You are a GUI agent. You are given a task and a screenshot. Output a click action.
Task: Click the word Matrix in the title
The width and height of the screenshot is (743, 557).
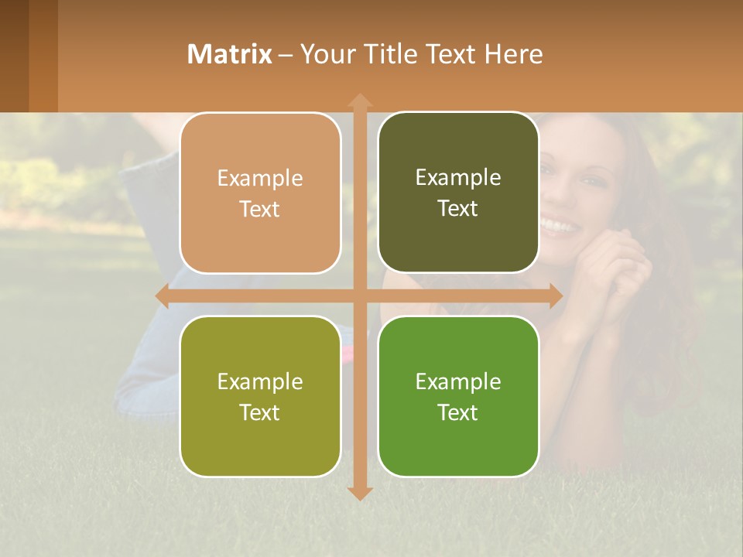pos(230,54)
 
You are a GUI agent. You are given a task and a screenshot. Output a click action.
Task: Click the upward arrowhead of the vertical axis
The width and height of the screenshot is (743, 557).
pos(360,101)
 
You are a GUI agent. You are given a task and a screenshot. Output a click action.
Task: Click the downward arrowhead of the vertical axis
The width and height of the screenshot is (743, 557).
pos(360,493)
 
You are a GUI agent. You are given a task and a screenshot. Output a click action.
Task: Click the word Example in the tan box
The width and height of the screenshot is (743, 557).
pos(260,179)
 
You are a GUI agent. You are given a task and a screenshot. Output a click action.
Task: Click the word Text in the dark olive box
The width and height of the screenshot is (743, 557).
pos(458,209)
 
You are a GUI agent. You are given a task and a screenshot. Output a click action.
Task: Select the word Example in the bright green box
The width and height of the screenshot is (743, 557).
pos(458,382)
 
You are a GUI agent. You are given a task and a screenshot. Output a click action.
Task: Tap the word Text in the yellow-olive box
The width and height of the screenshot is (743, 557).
pos(260,412)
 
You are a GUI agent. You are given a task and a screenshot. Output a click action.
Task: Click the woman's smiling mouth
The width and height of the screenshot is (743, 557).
pos(559,227)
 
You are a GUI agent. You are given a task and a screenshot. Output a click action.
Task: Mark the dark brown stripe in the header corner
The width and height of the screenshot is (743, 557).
pos(14,56)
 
